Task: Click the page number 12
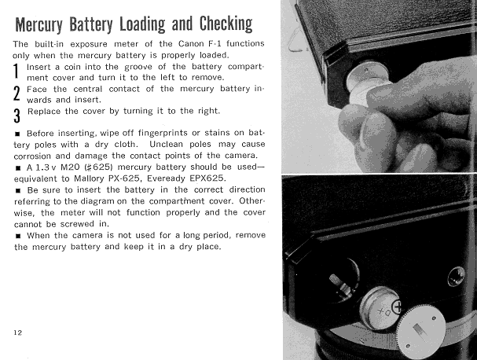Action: tap(17, 332)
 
